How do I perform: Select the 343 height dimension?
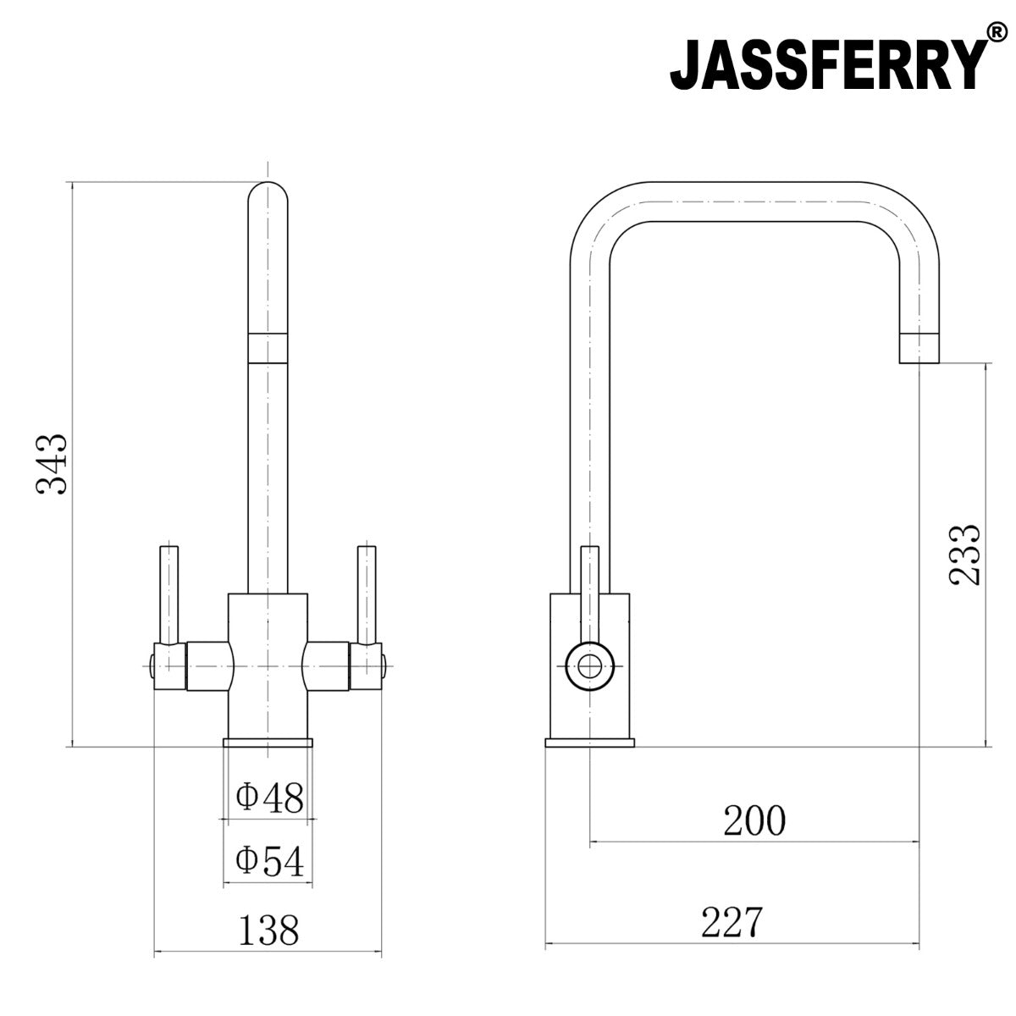52,465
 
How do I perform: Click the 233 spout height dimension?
964,555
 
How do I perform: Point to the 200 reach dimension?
754,820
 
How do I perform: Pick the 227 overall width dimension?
732,922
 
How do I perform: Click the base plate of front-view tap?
268,743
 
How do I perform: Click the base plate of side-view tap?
590,743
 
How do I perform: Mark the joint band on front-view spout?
268,347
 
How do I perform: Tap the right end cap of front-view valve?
382,665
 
